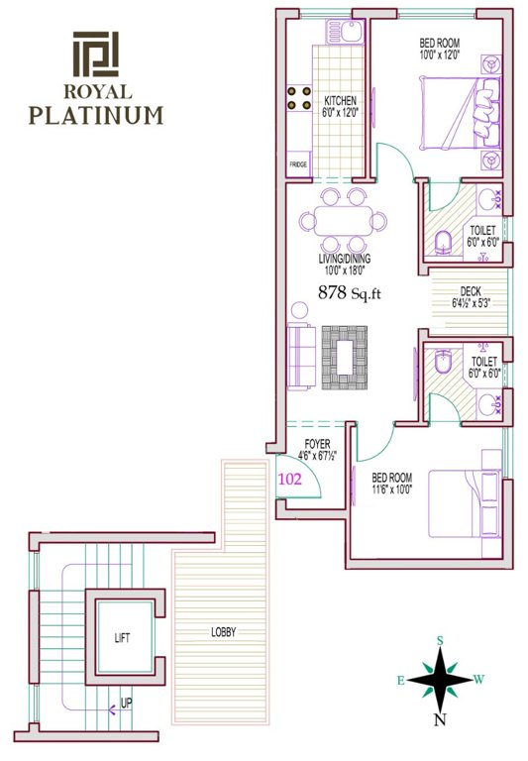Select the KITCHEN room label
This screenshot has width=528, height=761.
coord(341,101)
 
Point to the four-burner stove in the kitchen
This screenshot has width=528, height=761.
coord(298,97)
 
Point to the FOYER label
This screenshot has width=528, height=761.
coord(317,445)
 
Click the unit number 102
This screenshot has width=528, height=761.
coord(289,477)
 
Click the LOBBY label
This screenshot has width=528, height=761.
coord(223,632)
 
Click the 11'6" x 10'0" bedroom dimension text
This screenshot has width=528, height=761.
coord(392,489)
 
